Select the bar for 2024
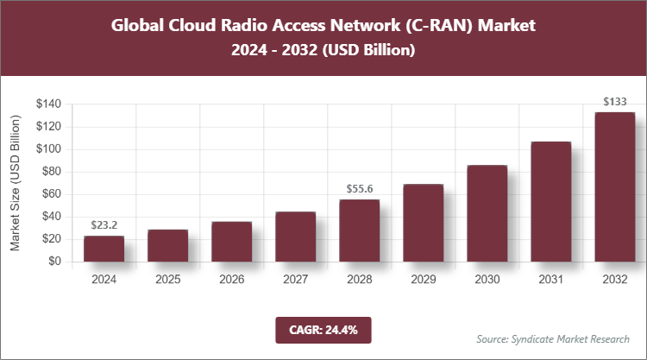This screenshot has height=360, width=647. [x=104, y=249]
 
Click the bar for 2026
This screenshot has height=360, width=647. [x=231, y=242]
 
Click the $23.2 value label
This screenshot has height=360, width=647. [x=104, y=224]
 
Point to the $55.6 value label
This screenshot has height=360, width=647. [x=359, y=187]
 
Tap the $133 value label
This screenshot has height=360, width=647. [x=614, y=101]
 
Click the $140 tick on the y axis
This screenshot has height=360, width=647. [x=48, y=104]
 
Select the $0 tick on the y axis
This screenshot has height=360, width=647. [x=55, y=262]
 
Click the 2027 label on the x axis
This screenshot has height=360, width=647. [x=295, y=281]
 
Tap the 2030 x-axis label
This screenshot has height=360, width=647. [x=487, y=281]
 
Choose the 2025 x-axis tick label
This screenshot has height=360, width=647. [x=167, y=281]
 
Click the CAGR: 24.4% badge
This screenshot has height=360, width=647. [x=323, y=329]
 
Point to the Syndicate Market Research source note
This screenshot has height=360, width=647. [x=553, y=338]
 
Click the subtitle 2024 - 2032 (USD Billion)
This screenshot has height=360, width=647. [x=323, y=51]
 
